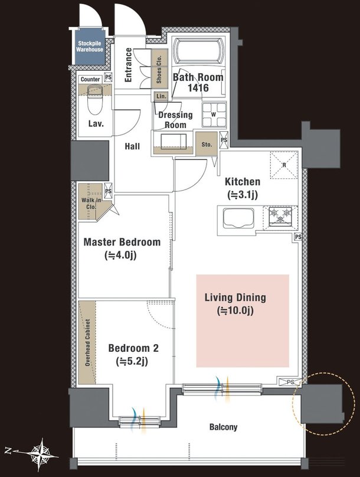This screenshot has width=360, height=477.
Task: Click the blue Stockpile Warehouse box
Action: pyautogui.click(x=90, y=47)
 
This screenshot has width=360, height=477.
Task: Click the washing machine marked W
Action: pyautogui.click(x=214, y=115)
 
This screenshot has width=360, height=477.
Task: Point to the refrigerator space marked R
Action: pyautogui.click(x=284, y=165)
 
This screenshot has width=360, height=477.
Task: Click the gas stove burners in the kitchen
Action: pyautogui.click(x=280, y=216)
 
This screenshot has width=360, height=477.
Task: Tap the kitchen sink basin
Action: pyautogui.click(x=238, y=218)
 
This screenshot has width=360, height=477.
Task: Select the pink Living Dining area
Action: pyautogui.click(x=243, y=321)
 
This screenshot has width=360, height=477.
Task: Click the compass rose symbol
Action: pyautogui.click(x=42, y=452)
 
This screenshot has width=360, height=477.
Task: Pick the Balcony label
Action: pyautogui.click(x=223, y=427)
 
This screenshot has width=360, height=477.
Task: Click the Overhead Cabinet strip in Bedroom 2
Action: pyautogui.click(x=87, y=342)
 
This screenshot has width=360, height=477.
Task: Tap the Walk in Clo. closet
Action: pyautogui.click(x=91, y=201)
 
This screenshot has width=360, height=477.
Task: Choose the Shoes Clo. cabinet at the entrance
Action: pyautogui.click(x=159, y=69)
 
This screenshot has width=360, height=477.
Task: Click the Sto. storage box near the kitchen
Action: pyautogui.click(x=207, y=144)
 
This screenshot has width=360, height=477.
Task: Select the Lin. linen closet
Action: pyautogui.click(x=161, y=96)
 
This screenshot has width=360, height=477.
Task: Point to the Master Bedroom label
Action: pyautogui.click(x=122, y=242)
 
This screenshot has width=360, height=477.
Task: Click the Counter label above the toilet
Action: pyautogui.click(x=90, y=79)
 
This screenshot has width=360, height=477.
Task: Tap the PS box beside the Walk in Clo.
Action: pyautogui.click(x=108, y=191)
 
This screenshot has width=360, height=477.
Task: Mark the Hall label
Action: pyautogui.click(x=132, y=146)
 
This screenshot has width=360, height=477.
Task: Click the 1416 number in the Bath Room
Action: pyautogui.click(x=198, y=88)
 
